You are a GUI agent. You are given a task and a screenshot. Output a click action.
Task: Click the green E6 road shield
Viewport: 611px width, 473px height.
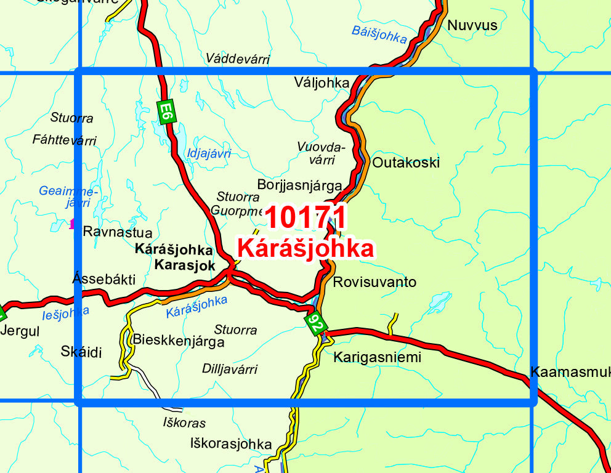coord(164,112)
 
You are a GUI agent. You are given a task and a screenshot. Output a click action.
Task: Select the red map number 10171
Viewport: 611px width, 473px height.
coord(306,218)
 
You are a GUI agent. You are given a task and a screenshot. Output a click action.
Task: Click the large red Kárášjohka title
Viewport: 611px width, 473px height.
coord(305,249)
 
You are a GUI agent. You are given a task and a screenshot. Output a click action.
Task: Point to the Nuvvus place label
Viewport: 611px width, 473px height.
coord(472,25)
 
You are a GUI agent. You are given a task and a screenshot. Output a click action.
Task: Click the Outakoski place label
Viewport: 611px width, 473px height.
coord(406,163)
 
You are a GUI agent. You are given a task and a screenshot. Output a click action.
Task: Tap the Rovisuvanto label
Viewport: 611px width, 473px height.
coord(374,282)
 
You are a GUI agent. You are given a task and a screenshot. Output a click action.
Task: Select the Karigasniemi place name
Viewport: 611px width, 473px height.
coord(377,357)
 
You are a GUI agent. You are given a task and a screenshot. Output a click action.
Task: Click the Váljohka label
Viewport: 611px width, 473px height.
coord(322,83)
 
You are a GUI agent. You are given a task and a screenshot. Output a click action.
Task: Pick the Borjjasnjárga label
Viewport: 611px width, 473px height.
coord(299,184)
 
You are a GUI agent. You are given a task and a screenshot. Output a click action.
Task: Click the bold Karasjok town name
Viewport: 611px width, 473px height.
coord(185,266)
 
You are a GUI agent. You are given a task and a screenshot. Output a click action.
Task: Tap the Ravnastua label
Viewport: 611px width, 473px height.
coord(117,232)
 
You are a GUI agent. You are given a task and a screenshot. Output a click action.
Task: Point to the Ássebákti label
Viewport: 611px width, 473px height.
coord(104,279)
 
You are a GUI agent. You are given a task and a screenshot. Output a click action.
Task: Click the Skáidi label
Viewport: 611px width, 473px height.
coord(81,352)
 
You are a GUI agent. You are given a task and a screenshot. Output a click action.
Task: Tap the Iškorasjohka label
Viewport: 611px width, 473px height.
coord(231,443)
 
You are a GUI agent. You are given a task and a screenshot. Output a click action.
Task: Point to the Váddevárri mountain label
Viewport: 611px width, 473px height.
coord(238,59)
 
